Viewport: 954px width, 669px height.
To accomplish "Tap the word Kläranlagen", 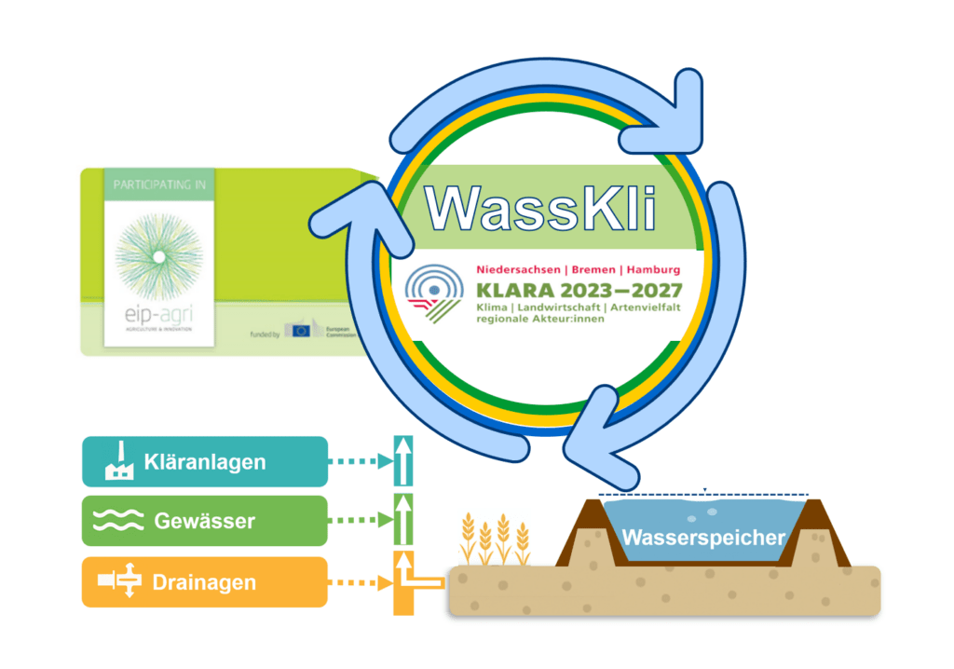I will click(205, 461).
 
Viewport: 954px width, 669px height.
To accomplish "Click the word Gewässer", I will click(204, 521).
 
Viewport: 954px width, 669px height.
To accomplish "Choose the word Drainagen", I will click(205, 583).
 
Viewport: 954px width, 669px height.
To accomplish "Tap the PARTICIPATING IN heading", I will click(158, 185).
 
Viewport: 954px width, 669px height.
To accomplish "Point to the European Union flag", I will click(299, 330).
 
